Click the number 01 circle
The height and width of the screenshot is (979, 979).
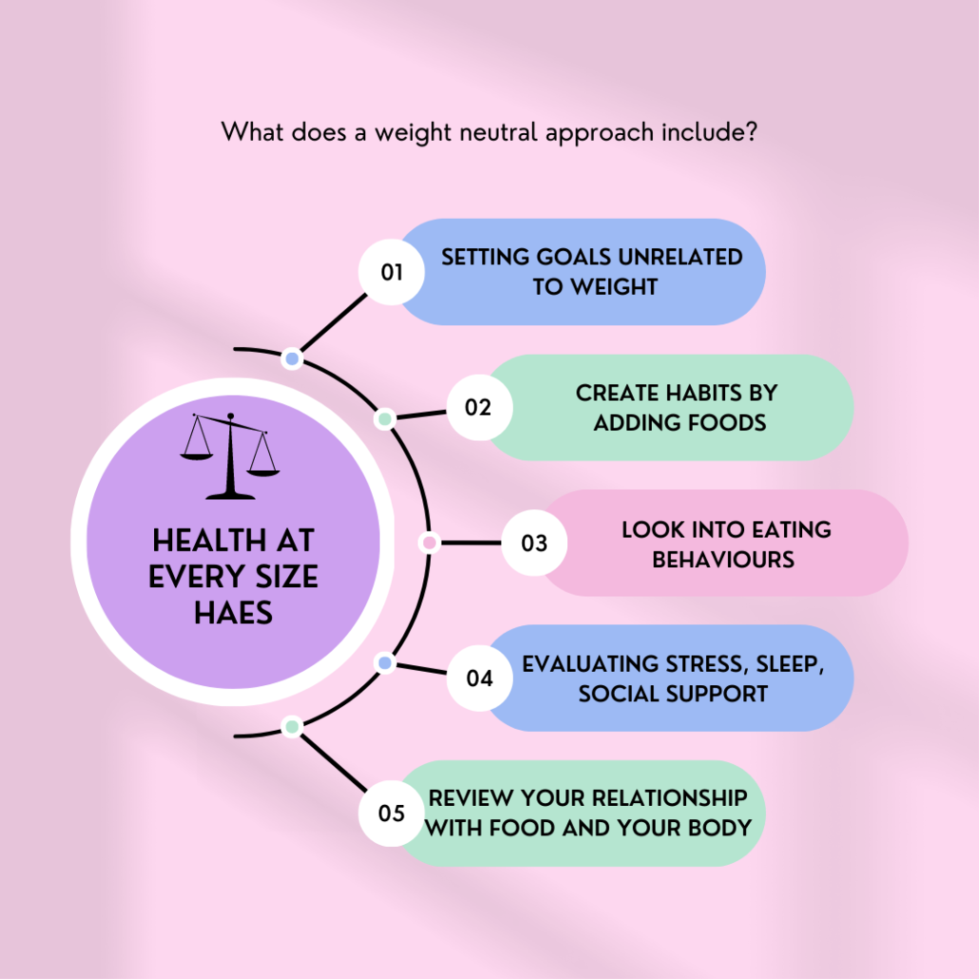(x=392, y=272)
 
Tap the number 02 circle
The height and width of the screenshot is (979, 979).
(x=479, y=408)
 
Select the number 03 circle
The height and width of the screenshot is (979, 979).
(x=534, y=543)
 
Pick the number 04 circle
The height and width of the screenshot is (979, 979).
(x=479, y=678)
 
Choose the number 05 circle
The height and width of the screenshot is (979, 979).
(x=392, y=814)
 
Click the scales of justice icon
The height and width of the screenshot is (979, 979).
(x=230, y=456)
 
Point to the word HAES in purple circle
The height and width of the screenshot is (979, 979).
(x=234, y=613)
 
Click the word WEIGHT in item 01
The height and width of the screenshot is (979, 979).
(x=614, y=287)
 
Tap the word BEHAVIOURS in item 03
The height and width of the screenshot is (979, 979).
(x=723, y=560)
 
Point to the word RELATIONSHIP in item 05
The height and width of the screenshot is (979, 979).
(x=669, y=798)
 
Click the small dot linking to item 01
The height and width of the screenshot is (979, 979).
(x=292, y=359)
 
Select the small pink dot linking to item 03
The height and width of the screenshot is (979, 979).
(x=429, y=543)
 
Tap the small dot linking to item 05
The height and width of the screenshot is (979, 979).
(x=292, y=727)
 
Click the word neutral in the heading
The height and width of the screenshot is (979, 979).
(x=498, y=132)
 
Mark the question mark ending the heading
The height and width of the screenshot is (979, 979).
(x=752, y=132)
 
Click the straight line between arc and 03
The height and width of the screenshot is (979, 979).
(x=470, y=543)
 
